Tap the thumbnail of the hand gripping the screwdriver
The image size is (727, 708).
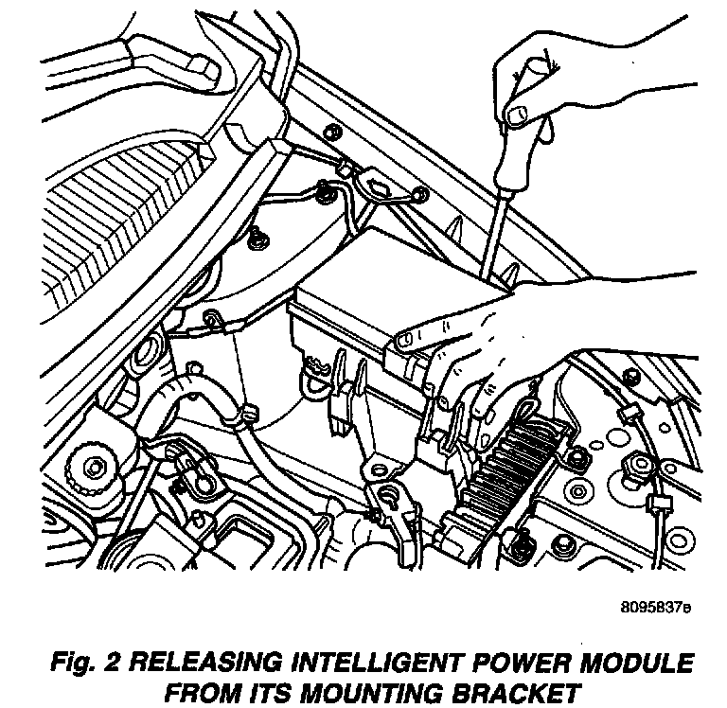pos(517,115)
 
